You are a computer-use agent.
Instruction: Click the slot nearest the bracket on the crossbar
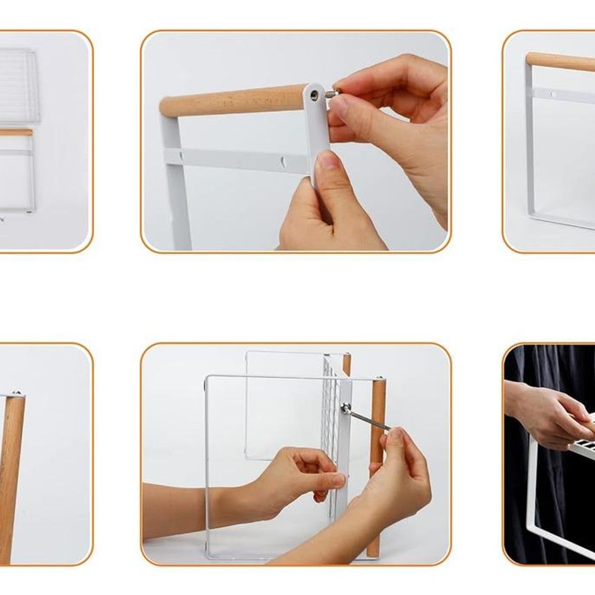[283, 162]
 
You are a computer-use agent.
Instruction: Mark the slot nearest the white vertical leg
[181, 156]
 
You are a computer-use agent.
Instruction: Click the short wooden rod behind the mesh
[347, 364]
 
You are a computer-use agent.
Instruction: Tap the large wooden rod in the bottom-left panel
[11, 471]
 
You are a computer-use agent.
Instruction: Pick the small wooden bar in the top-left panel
[16, 132]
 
